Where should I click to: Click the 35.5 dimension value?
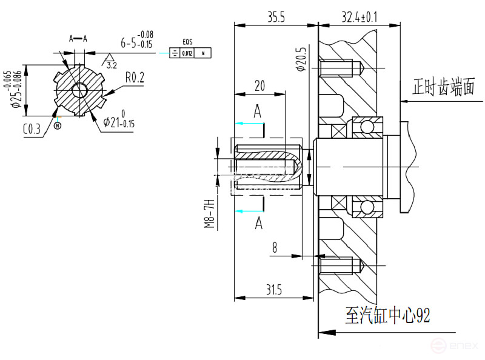276,17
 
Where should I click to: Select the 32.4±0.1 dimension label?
359,17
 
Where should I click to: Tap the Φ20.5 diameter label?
301,59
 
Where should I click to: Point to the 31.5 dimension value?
273,290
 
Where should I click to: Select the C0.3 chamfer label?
32,128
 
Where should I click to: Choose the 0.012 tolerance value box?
188,54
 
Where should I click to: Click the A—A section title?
78,38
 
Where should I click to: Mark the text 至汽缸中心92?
387,315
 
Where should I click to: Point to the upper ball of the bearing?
367,127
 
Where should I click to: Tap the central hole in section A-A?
79,91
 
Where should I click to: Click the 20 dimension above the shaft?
259,86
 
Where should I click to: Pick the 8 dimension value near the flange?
275,247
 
